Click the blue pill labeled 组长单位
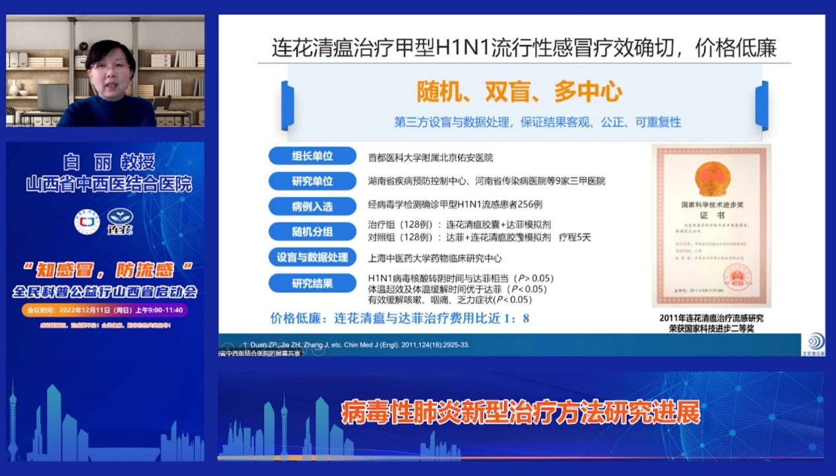point(312,157)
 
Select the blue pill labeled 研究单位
point(312,181)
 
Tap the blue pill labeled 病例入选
point(312,206)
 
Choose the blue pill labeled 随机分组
point(312,231)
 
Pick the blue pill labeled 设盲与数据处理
point(312,258)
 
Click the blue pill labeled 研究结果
point(312,284)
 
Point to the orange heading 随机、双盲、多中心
point(519,92)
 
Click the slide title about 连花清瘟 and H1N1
point(524,47)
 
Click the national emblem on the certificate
point(711,179)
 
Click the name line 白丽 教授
point(109,162)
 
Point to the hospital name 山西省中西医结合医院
point(109,184)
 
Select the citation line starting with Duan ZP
point(356,345)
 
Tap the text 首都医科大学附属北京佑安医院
point(430,158)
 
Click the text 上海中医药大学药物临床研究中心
point(435,258)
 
